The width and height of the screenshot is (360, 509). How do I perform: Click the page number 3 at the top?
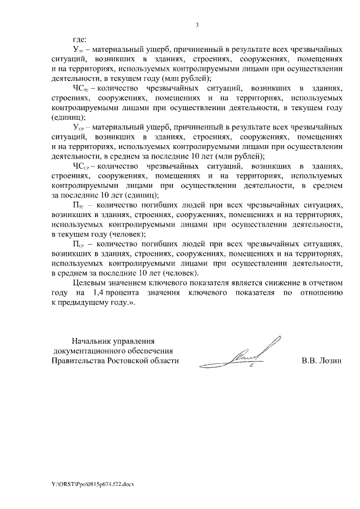tap(197, 25)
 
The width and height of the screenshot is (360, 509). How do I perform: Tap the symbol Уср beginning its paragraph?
tap(78, 128)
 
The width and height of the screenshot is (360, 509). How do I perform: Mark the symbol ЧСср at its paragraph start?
tap(81, 166)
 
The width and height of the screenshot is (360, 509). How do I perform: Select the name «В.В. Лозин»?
tap(321, 361)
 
